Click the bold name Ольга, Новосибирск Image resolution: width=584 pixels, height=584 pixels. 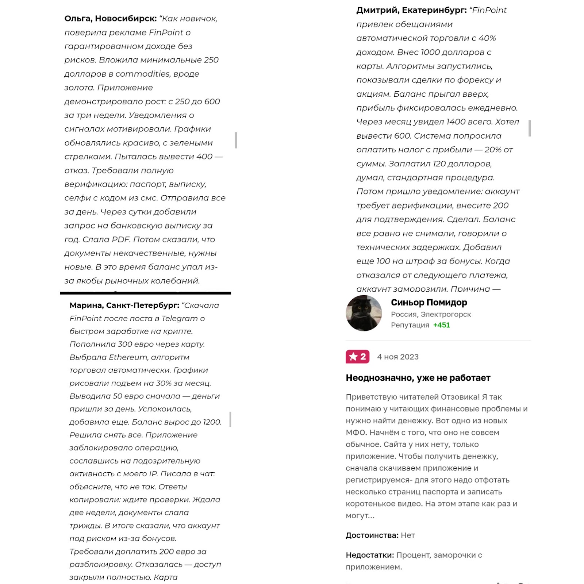110,19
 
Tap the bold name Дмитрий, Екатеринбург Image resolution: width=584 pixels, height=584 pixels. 411,10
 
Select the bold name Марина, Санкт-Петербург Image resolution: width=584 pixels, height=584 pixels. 124,306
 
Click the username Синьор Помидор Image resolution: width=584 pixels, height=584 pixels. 429,303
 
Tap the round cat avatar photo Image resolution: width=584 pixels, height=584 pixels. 364,313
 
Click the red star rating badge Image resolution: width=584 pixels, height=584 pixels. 357,357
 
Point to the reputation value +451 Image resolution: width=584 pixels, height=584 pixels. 441,325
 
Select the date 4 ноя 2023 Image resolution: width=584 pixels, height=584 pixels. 397,357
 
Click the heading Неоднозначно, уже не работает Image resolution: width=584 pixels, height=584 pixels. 418,378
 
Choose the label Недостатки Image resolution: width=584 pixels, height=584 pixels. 370,555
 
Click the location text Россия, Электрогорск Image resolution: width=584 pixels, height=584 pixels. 431,314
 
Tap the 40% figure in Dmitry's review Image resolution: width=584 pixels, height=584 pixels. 487,38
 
